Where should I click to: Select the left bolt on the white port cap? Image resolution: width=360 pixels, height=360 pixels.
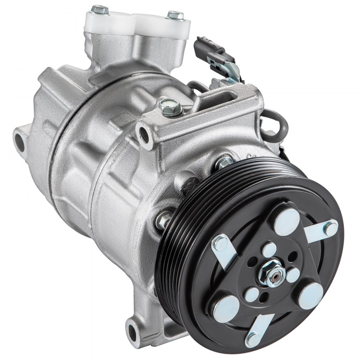100,10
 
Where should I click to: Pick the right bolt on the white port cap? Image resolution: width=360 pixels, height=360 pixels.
175,15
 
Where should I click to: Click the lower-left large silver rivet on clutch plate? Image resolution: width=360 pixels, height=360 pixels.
226,309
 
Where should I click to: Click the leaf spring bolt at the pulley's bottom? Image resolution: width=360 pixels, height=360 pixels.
253,338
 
